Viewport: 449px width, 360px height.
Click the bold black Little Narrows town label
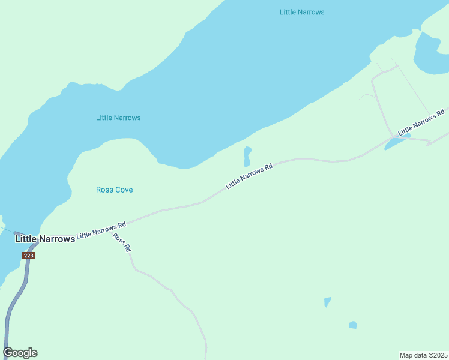coord(45,239)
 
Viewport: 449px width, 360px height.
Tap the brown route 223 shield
coord(29,255)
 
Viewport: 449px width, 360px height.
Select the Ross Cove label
coord(114,190)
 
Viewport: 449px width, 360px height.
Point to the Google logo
coord(20,353)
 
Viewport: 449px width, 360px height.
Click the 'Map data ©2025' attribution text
coord(423,355)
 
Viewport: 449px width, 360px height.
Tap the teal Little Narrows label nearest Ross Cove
coord(118,118)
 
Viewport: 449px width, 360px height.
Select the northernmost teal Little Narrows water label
coord(302,12)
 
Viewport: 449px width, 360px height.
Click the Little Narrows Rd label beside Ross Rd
coord(101,230)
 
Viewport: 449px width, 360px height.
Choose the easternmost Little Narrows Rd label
coord(421,122)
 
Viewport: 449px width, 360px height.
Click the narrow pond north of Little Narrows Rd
coord(247,157)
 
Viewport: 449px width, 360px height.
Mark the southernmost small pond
coord(353,325)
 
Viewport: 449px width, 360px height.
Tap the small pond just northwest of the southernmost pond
coord(327,302)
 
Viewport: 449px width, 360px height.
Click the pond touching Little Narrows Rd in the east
coord(396,142)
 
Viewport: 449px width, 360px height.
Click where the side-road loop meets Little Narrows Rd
coord(393,137)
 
